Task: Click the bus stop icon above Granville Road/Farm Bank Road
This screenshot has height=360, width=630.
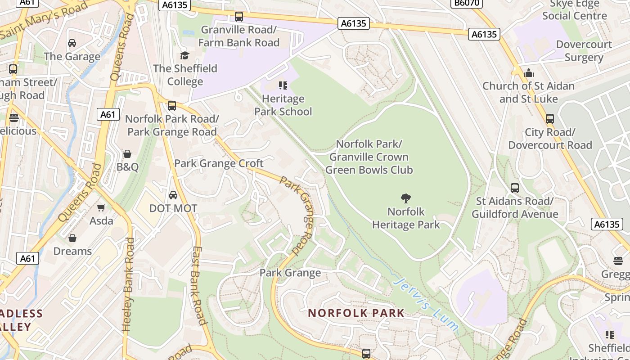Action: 239,17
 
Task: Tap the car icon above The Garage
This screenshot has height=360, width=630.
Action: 72,43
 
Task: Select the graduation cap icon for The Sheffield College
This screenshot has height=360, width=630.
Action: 184,55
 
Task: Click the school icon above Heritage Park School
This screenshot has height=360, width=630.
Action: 283,85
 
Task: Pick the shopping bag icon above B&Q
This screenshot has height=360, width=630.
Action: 127,154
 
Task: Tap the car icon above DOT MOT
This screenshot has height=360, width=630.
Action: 173,195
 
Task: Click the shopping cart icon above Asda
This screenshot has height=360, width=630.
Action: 101,207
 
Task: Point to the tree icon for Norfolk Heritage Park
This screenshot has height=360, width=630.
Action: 406,198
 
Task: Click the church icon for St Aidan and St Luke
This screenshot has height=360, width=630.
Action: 528,72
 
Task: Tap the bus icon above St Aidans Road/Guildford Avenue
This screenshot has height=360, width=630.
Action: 515,188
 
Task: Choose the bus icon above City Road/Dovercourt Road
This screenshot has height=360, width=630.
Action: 549,119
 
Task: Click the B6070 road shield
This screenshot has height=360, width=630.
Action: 467,4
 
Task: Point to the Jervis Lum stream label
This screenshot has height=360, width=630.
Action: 426,304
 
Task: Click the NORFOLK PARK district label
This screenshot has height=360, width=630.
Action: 356,313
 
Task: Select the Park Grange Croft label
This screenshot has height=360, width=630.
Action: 219,163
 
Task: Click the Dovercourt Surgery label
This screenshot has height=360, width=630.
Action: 584,51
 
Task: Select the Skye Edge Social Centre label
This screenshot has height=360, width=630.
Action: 574,10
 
